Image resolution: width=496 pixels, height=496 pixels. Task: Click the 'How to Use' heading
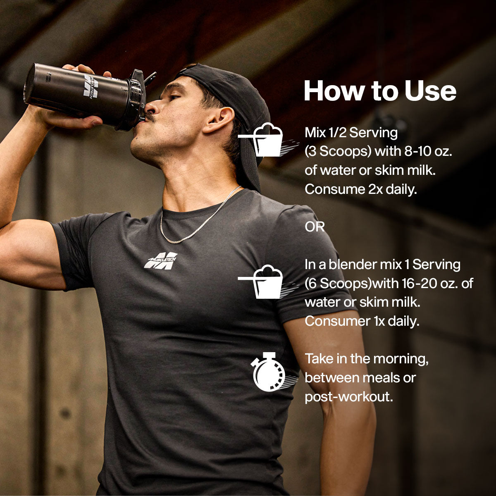point(380,91)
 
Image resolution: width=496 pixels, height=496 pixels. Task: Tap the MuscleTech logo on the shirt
point(161,260)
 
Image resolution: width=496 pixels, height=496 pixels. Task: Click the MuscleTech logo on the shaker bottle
point(91,86)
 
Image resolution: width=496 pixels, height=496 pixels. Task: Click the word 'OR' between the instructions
point(315,227)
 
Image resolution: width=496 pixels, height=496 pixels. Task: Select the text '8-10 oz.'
point(428,151)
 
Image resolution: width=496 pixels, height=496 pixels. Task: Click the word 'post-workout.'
point(349,397)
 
